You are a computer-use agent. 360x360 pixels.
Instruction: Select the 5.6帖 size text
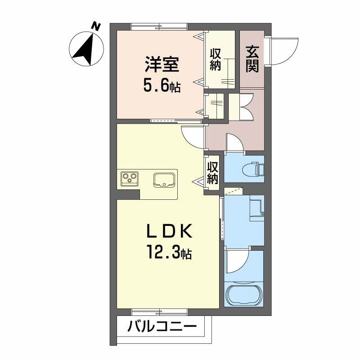coord(162,85)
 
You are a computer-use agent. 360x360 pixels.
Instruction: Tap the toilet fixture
coord(255,168)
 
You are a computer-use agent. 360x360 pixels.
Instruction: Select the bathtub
coord(243,295)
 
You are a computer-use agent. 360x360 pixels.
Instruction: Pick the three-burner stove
coord(130,179)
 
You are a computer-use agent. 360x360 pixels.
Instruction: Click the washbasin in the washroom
coord(256,207)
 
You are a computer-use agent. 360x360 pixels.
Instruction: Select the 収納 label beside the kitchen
coord(213,172)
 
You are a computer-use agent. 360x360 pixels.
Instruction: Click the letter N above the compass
coord(95,26)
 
